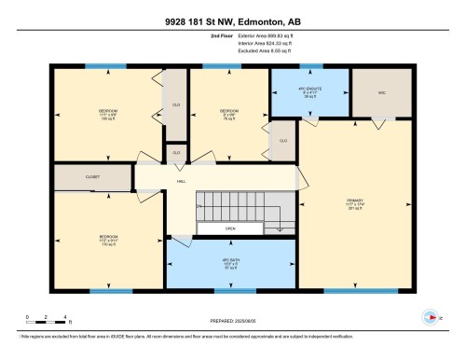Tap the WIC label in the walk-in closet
[x=368, y=91]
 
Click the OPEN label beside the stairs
[x=229, y=228]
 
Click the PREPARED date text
[x=232, y=320]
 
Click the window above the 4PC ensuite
[x=310, y=66]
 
